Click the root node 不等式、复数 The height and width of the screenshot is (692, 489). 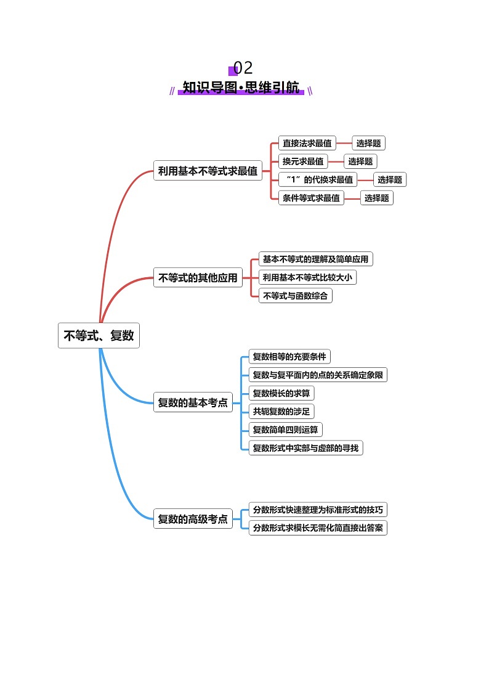point(99,336)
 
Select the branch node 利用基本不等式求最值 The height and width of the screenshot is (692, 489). point(208,171)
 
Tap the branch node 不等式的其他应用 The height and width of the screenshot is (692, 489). point(198,278)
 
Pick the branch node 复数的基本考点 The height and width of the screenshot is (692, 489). point(193,403)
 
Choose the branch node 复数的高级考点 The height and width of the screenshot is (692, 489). point(193,519)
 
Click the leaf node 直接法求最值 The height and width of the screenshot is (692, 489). point(307,144)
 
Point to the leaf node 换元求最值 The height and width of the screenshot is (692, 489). point(302,161)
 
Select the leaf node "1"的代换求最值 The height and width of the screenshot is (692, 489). point(318,179)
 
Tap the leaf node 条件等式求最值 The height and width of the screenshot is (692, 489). point(311,198)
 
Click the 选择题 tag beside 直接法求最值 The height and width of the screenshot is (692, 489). point(368,144)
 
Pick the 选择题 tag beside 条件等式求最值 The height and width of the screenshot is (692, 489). point(376,198)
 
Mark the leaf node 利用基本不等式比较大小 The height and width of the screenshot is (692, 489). point(307,277)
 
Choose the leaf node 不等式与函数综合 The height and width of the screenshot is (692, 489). point(295,296)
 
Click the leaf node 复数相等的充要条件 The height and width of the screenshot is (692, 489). point(289,356)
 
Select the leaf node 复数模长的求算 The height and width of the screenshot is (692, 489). point(281,393)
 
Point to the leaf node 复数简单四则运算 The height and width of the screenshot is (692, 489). point(286,429)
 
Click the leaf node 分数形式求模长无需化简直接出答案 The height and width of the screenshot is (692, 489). point(318,527)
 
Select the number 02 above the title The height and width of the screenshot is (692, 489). point(243,68)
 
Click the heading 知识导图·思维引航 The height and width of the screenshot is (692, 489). point(241,88)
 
